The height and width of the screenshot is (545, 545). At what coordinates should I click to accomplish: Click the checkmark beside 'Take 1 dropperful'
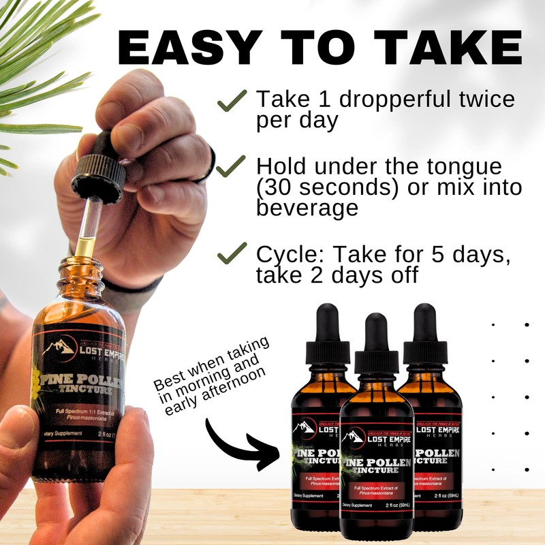(231, 102)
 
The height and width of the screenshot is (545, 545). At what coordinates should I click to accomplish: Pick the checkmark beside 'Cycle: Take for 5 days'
(231, 255)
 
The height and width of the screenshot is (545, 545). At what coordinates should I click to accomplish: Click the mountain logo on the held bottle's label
(59, 347)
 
